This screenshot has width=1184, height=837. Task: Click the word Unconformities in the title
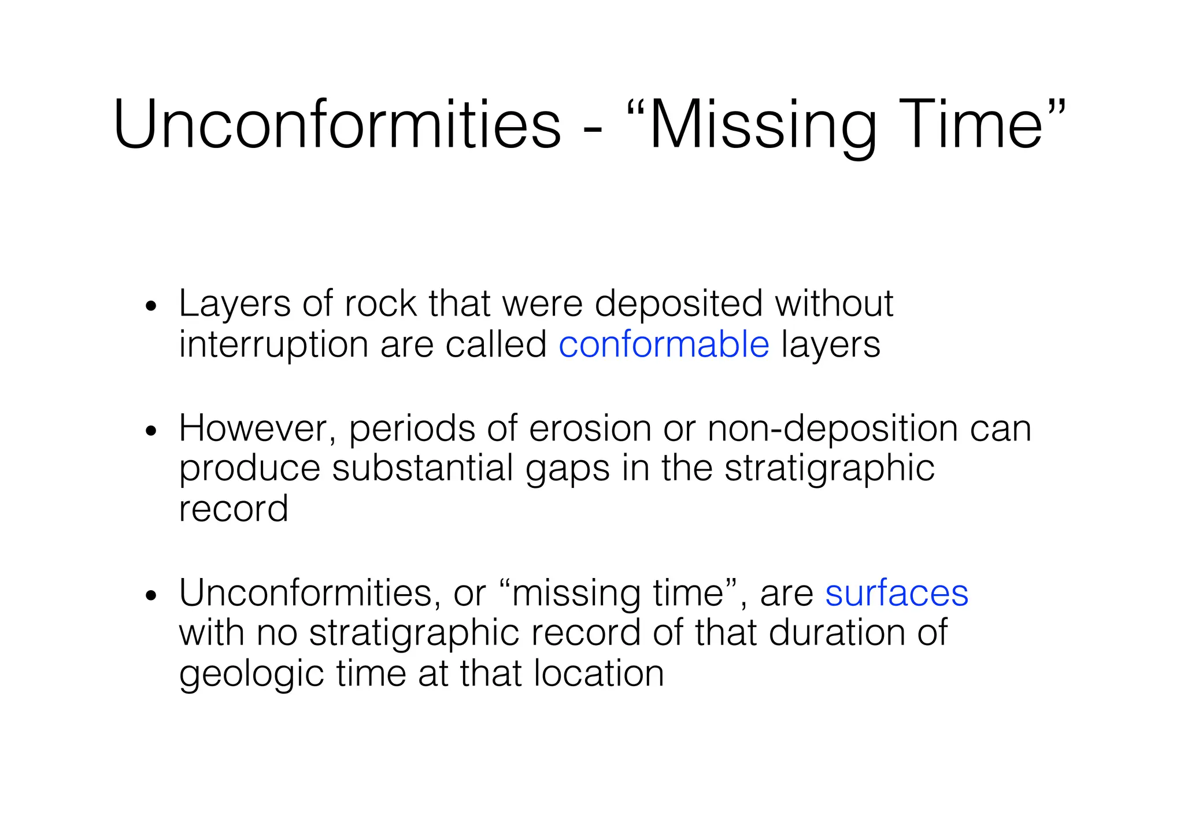tap(337, 124)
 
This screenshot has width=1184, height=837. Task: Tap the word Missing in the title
tap(761, 124)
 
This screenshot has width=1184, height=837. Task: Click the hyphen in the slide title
tap(593, 128)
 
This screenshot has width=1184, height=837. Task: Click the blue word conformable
tap(664, 345)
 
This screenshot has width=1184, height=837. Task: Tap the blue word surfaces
tap(896, 593)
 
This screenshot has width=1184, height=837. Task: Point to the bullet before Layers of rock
tap(151, 306)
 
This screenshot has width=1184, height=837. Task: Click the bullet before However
tap(151, 431)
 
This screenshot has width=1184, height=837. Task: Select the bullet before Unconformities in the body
tap(151, 595)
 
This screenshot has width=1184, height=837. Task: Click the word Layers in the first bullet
tap(234, 304)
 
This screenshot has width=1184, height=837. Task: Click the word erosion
tap(589, 429)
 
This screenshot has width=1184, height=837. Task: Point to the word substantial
tap(423, 468)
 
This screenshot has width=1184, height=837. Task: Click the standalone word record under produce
tap(233, 509)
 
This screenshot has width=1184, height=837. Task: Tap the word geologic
tap(251, 674)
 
